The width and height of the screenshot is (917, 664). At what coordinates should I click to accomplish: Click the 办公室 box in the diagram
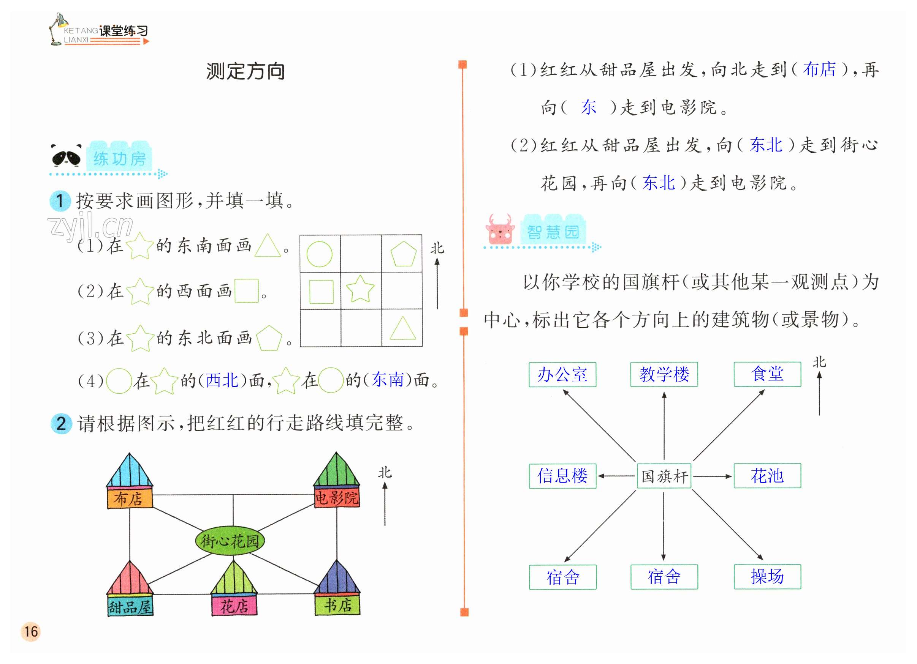[x=562, y=374]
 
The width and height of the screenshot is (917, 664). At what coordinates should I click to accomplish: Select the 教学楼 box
[x=664, y=374]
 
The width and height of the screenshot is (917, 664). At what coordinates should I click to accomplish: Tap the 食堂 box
[x=767, y=374]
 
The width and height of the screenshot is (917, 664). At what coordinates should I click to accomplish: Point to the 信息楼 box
[x=562, y=476]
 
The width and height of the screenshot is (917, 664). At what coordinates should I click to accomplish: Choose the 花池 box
[x=767, y=476]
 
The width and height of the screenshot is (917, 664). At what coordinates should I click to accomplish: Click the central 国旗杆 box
[x=664, y=476]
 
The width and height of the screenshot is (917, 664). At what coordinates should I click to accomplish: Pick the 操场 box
[x=767, y=577]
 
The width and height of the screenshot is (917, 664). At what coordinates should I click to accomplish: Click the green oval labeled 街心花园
[x=230, y=540]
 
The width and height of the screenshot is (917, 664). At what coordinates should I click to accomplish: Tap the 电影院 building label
[x=337, y=498]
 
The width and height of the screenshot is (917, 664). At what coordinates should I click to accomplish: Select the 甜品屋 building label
[x=130, y=606]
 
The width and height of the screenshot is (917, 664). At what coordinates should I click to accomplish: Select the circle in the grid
[x=320, y=254]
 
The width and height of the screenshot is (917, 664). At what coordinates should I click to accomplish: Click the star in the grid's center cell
[x=360, y=289]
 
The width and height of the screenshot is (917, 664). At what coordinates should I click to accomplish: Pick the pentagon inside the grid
[x=403, y=254]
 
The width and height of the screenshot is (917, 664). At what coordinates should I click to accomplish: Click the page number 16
[x=31, y=632]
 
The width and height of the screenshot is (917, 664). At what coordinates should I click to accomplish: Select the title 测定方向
[x=245, y=71]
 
